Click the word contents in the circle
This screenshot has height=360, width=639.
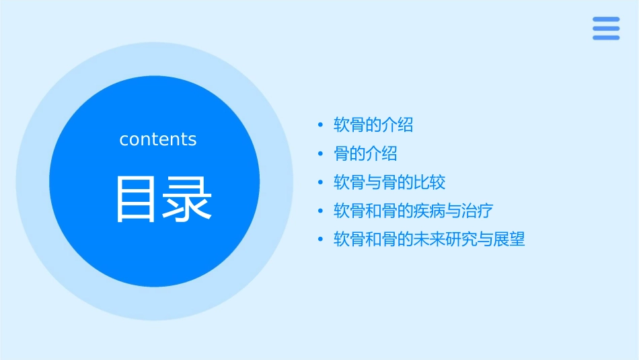click(158, 139)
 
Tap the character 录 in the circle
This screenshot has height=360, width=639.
click(189, 199)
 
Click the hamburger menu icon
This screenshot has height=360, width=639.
click(605, 28)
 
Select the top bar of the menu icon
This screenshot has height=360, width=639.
click(605, 19)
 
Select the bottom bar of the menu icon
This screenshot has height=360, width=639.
click(605, 38)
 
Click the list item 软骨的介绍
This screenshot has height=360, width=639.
click(373, 124)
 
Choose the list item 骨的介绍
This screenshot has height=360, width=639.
click(365, 153)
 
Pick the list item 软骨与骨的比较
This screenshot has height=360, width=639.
click(389, 182)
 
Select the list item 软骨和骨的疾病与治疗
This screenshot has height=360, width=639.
click(414, 211)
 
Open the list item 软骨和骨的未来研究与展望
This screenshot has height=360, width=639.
click(429, 239)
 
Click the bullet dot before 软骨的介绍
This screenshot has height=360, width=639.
click(321, 125)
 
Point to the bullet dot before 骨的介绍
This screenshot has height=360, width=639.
click(321, 154)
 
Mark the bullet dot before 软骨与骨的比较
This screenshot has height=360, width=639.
click(321, 183)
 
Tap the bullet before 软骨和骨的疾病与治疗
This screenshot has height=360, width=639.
click(321, 211)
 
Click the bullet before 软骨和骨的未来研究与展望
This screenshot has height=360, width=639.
click(321, 240)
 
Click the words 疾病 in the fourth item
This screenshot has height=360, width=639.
click(430, 211)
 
